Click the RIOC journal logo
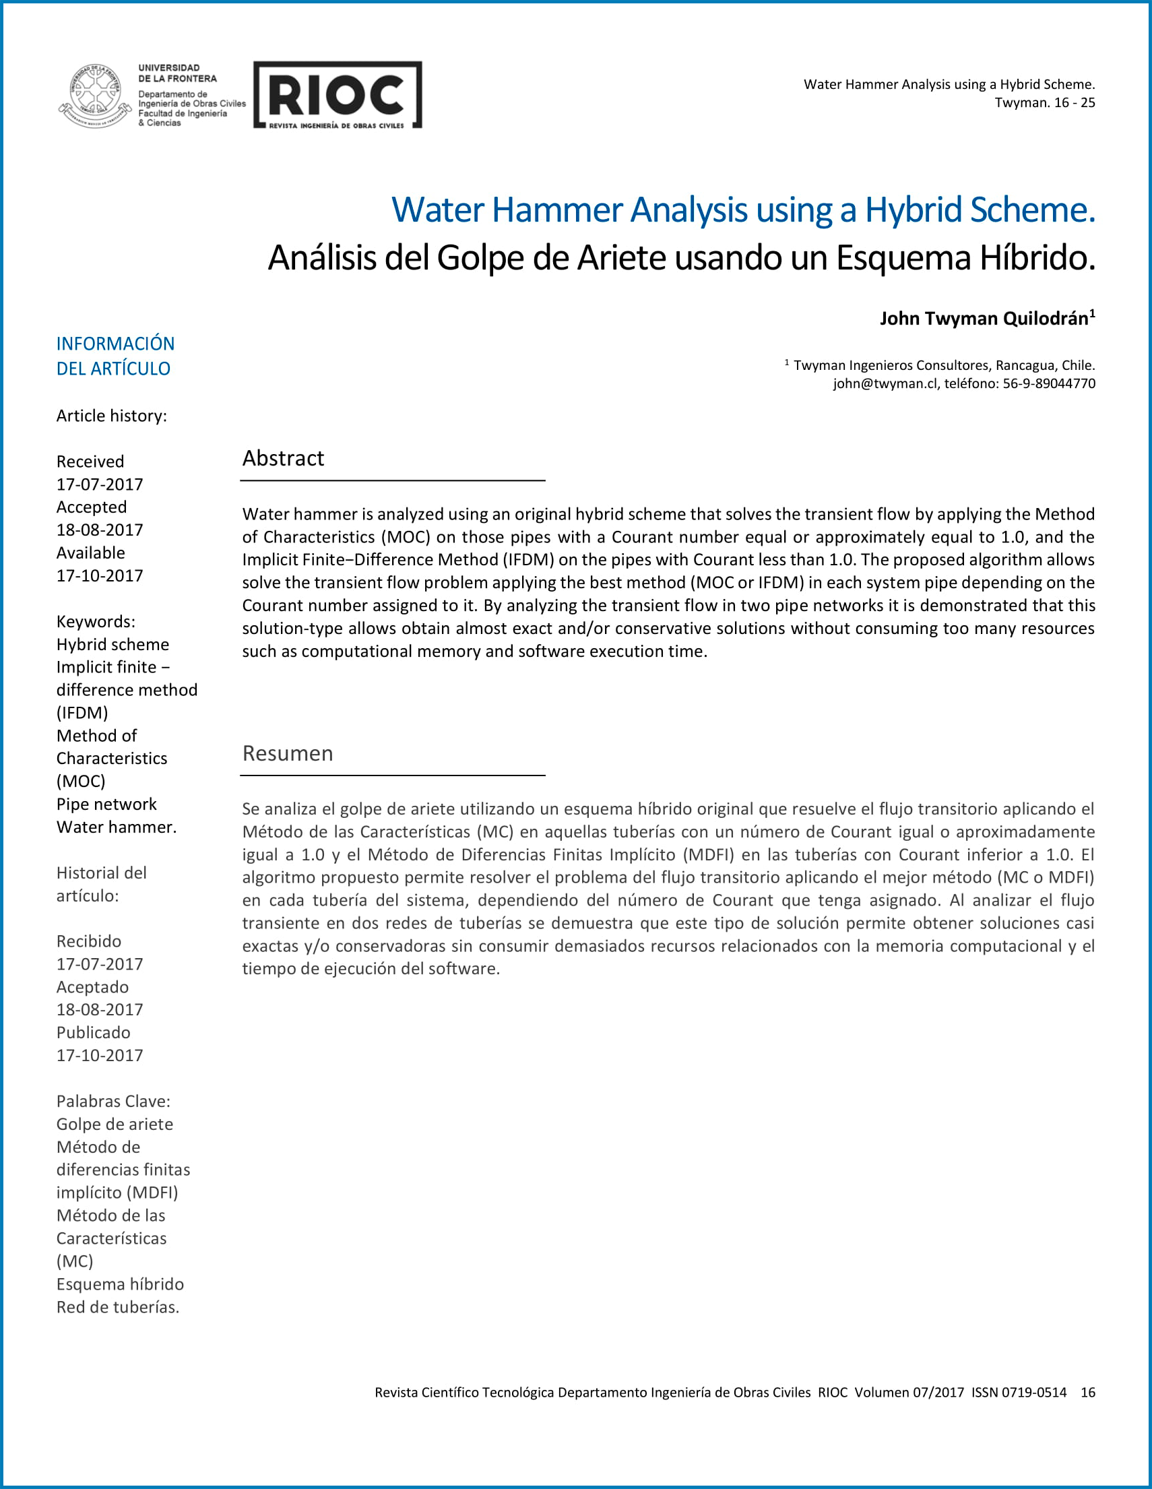[338, 95]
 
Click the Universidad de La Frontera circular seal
[95, 95]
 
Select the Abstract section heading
[283, 458]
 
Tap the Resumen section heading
[288, 753]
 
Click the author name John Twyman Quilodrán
[984, 319]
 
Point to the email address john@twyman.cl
[885, 383]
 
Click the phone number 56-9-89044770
[1048, 383]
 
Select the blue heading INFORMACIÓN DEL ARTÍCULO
[115, 356]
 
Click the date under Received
[100, 484]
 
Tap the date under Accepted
[100, 530]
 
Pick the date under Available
[100, 575]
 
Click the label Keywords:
[96, 621]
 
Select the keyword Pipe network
[106, 804]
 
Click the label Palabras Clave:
[113, 1101]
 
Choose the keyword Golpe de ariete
[115, 1124]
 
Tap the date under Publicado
[100, 1055]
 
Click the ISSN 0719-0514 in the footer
[1019, 1392]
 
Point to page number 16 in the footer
[1087, 1392]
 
